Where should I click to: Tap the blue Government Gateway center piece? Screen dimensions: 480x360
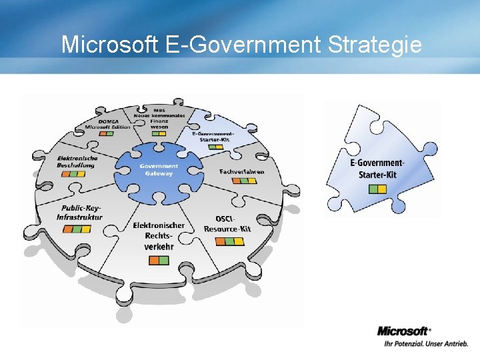[x=159, y=169]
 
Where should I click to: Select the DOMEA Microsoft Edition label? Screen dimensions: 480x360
[x=107, y=124]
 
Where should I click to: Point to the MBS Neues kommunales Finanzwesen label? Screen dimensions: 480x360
[x=159, y=117]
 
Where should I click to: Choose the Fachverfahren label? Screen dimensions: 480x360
[x=241, y=171]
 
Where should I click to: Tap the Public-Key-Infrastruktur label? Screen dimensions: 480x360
[x=79, y=213]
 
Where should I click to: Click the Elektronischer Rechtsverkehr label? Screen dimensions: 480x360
[x=159, y=236]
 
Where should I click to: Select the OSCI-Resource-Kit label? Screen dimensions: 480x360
[x=229, y=224]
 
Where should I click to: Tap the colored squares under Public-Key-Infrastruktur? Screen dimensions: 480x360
[x=77, y=229]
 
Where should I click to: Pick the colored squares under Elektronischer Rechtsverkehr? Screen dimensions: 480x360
[x=159, y=260]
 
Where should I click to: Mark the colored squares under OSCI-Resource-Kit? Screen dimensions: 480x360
[x=229, y=241]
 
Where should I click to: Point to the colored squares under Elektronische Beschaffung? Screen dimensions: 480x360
[x=73, y=174]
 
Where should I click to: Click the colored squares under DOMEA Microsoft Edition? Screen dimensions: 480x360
[x=107, y=133]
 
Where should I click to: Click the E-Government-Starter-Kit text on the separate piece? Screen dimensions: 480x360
[x=377, y=169]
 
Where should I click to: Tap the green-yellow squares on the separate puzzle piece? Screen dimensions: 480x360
[x=377, y=189]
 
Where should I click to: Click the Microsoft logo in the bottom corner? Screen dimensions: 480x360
[x=404, y=331]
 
